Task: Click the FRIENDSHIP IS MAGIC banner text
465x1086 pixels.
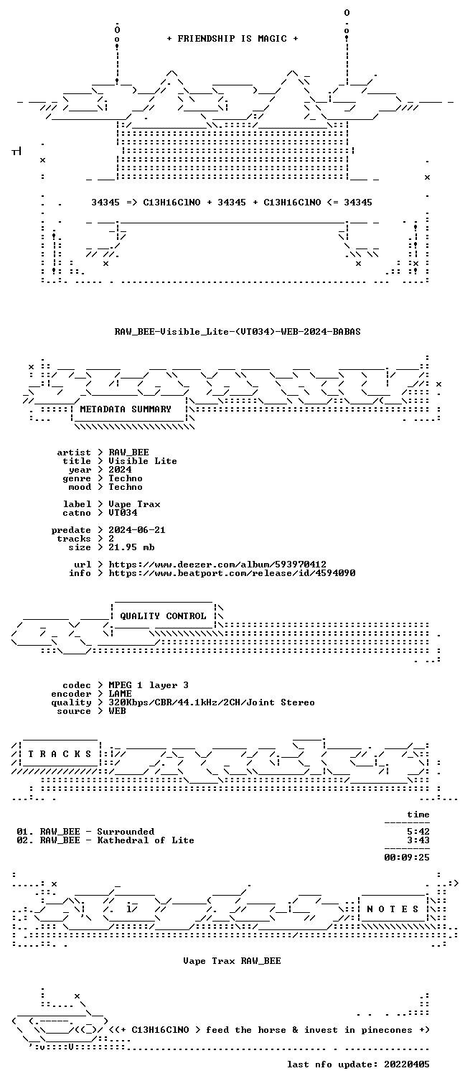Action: point(232,39)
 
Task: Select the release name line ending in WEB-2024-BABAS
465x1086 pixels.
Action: point(238,332)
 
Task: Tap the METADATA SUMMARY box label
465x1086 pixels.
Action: point(126,409)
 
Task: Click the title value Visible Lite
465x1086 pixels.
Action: point(142,461)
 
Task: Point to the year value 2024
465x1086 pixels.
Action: point(120,470)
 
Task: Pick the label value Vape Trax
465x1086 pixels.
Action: point(134,504)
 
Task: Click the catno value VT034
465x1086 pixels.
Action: point(123,513)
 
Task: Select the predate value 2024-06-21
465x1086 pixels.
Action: point(136,530)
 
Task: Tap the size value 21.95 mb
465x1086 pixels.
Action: point(131,547)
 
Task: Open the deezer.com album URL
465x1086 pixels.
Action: point(217,565)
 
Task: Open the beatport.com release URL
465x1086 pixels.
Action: point(232,573)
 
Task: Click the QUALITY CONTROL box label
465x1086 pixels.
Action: point(163,616)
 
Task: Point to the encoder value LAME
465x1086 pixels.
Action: point(120,694)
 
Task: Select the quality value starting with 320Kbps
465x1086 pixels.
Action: point(211,702)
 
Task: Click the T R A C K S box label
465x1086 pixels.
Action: point(60,754)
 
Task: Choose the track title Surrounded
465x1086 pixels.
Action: point(126,832)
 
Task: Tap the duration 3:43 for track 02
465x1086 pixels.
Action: point(418,840)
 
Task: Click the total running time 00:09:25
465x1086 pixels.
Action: point(406,857)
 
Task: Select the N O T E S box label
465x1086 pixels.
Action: point(393,909)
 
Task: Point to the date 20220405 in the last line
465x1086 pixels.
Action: point(406,1064)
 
